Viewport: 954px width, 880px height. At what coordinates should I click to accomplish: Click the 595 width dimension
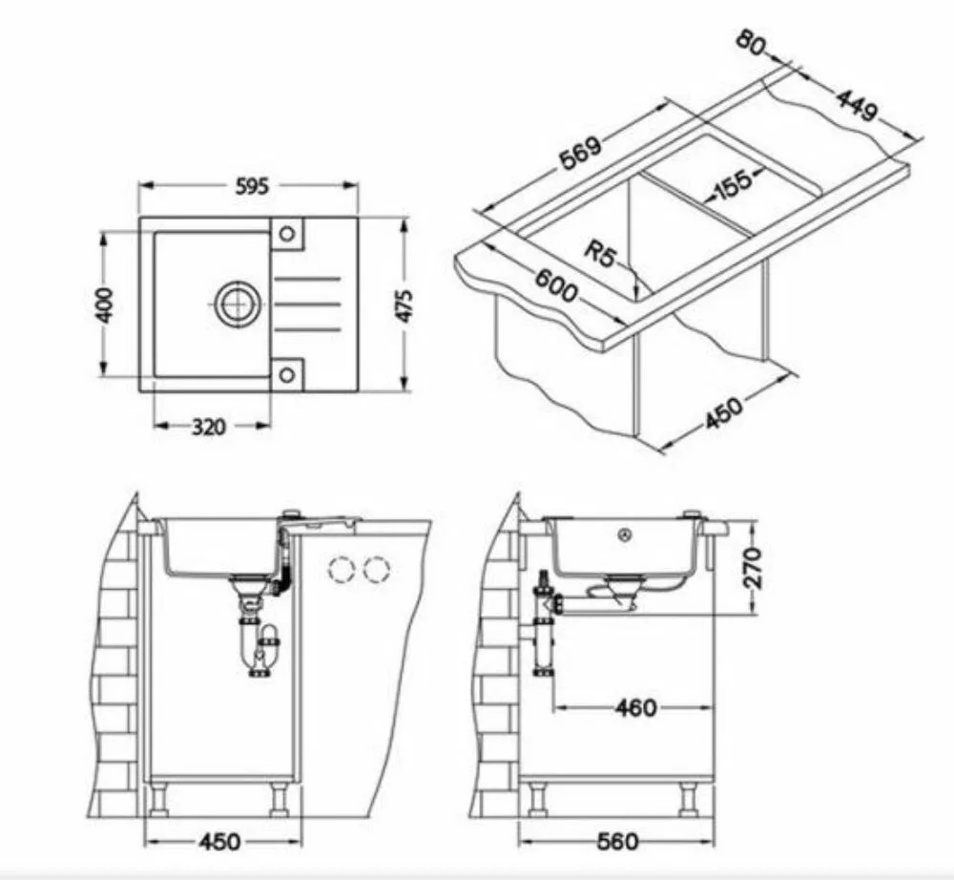[x=251, y=186]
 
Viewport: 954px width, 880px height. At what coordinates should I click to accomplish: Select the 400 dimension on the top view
[x=105, y=304]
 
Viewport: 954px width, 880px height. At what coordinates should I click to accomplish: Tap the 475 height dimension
[x=404, y=305]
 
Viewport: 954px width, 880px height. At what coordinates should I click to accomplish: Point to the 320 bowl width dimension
[x=209, y=427]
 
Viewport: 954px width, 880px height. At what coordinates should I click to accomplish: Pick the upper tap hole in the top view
[x=286, y=233]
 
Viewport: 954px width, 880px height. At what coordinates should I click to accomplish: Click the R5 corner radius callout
[x=599, y=254]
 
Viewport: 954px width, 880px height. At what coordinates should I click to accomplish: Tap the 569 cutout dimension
[x=580, y=152]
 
